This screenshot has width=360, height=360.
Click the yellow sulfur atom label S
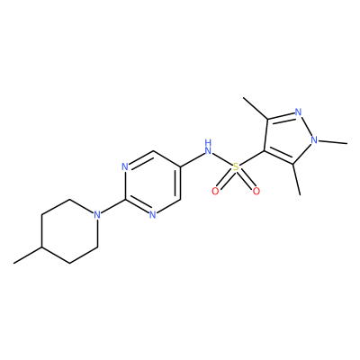236,167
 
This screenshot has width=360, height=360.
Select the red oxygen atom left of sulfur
215,191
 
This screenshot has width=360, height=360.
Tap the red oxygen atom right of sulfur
256,191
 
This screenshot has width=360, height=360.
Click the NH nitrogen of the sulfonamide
208,150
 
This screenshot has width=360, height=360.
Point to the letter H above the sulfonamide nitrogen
208,142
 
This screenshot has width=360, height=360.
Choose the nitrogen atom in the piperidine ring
96,215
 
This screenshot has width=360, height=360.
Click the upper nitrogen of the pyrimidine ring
125,166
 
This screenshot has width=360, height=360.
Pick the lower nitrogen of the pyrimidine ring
152,215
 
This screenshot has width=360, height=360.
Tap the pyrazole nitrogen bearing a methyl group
314,139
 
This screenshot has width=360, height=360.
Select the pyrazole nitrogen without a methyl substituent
298,112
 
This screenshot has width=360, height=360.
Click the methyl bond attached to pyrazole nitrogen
333,142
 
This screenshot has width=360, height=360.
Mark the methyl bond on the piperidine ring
28,256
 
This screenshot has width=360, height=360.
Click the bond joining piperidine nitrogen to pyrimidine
112,206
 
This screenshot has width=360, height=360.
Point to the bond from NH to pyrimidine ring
193,159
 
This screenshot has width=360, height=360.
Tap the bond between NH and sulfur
222,159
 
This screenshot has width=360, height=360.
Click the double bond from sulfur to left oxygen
226,179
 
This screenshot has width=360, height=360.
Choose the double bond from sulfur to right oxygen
247,179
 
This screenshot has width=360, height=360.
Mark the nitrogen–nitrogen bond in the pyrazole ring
306,126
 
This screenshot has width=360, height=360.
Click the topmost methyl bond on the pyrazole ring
256,108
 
